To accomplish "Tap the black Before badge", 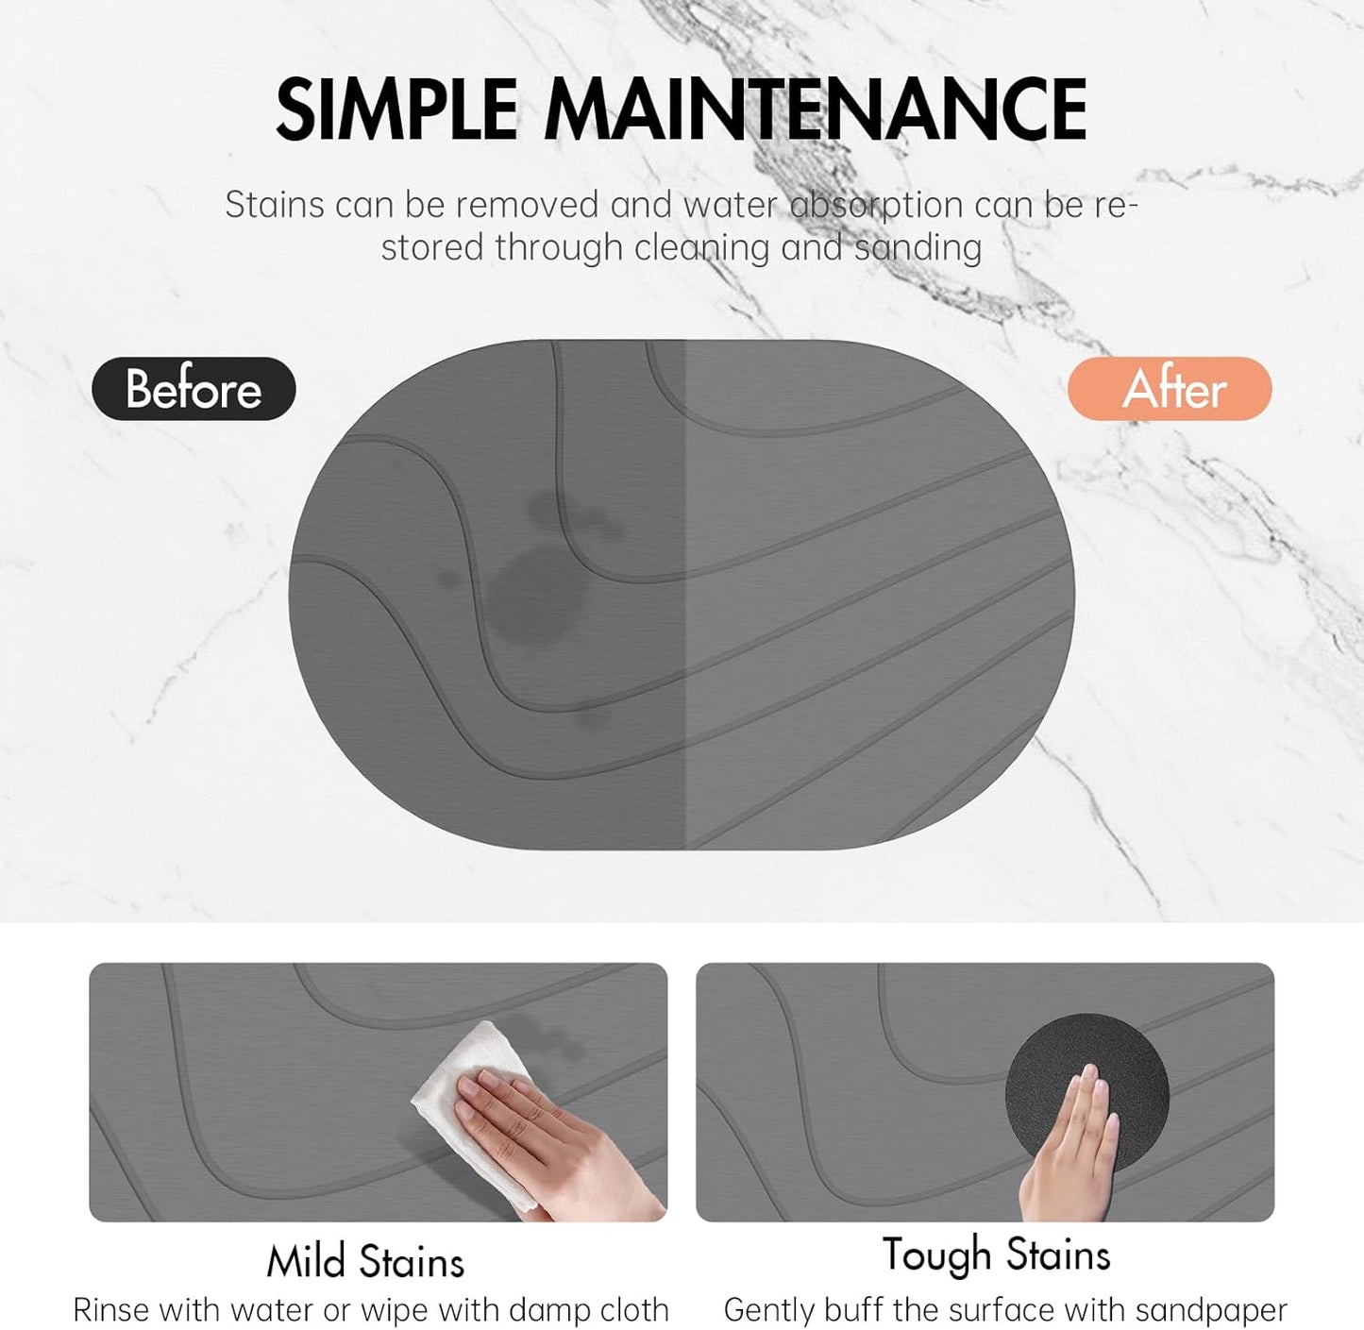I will (x=194, y=389).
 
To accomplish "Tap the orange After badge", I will (x=1170, y=389).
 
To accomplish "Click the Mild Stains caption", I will (x=365, y=1262).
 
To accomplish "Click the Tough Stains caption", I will (x=996, y=1255).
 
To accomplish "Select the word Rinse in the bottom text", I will (x=112, y=1310).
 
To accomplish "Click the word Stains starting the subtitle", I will (x=275, y=205).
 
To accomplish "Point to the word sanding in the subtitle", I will (x=918, y=248).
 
